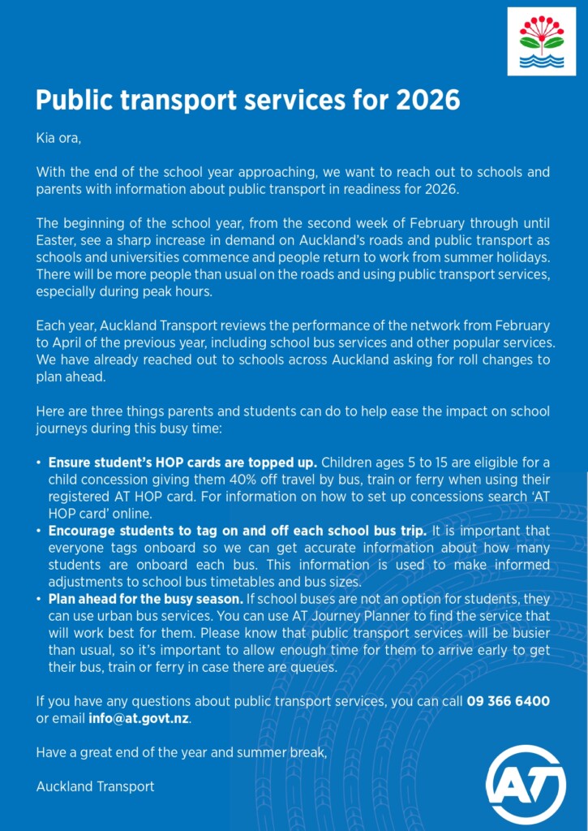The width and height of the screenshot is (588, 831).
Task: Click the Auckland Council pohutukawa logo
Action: click(x=541, y=41)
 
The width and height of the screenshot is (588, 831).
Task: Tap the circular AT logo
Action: click(x=526, y=785)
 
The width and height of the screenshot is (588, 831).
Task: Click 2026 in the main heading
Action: click(x=427, y=101)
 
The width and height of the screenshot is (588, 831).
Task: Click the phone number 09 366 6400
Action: click(x=508, y=701)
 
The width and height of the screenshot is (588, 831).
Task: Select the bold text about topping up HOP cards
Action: click(x=182, y=463)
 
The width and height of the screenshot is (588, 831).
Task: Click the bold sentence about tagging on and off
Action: click(x=237, y=531)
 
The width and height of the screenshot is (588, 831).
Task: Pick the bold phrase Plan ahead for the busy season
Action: click(x=145, y=598)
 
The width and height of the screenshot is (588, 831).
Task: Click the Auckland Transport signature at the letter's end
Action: click(x=95, y=786)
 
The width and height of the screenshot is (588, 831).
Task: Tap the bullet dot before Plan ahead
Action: click(x=39, y=599)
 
